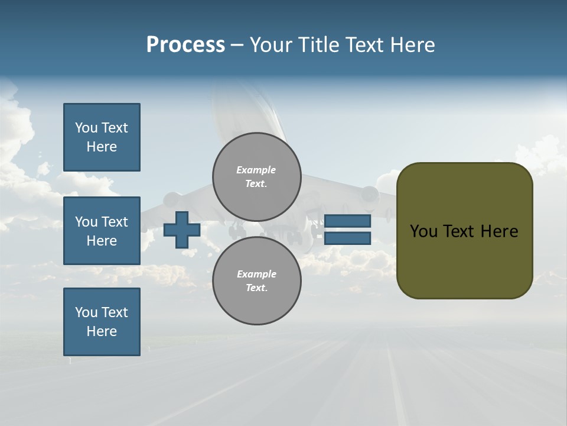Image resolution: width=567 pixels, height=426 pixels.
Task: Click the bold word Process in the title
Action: click(185, 45)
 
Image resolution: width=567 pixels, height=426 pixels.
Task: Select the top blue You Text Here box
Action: click(102, 137)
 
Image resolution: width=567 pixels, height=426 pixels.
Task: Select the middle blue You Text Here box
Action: click(102, 231)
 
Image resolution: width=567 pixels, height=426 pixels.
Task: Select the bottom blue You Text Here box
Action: click(102, 322)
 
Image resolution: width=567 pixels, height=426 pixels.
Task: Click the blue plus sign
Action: click(181, 230)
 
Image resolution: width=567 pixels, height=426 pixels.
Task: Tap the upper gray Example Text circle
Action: click(256, 177)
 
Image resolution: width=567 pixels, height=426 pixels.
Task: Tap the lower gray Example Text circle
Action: click(256, 281)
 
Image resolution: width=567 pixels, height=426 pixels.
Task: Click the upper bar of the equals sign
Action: click(347, 221)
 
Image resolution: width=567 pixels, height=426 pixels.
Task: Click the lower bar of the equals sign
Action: click(347, 238)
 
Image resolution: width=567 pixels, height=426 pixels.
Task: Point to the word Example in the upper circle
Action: click(256, 170)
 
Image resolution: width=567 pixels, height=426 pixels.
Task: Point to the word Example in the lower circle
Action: click(256, 274)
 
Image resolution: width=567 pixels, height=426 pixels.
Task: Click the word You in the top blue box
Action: click(86, 128)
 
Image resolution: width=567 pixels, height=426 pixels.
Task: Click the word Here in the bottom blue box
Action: click(102, 331)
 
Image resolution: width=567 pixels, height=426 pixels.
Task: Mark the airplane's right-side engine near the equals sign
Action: click(369, 195)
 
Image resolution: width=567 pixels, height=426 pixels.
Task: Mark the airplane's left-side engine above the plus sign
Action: click(172, 200)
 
